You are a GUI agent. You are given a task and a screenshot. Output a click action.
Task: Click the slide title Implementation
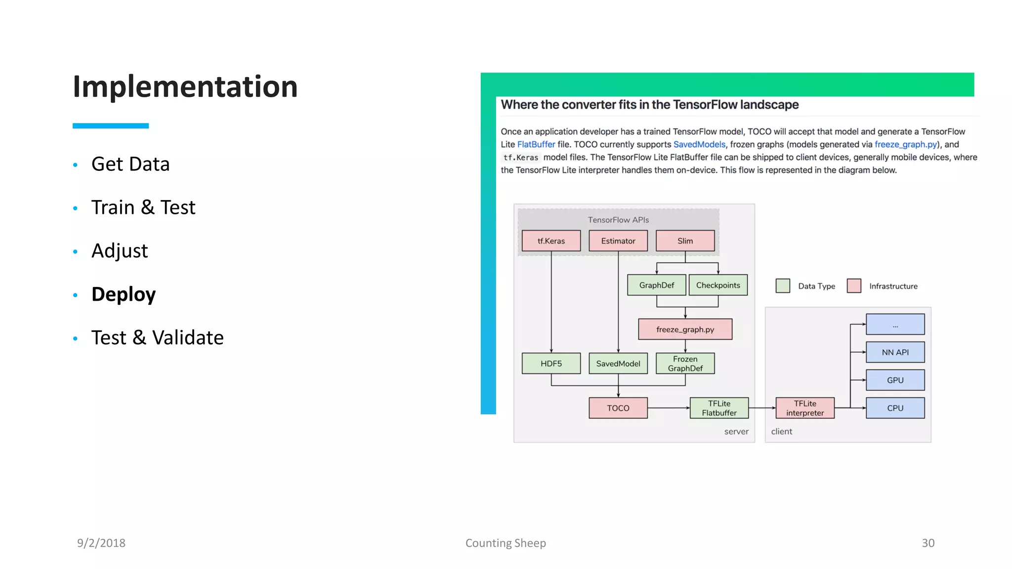pyautogui.click(x=185, y=87)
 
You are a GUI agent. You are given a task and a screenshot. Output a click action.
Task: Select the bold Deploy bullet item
pyautogui.click(x=124, y=294)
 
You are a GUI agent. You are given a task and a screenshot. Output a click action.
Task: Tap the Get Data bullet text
pyautogui.click(x=130, y=164)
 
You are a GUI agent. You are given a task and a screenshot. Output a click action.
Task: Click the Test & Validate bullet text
pyautogui.click(x=157, y=338)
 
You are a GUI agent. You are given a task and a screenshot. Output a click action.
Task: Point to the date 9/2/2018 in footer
pyautogui.click(x=101, y=543)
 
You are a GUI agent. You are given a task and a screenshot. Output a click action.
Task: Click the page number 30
pyautogui.click(x=928, y=543)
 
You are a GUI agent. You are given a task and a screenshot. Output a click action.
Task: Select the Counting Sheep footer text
pyautogui.click(x=506, y=543)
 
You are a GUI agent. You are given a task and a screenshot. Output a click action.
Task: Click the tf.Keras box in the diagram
pyautogui.click(x=551, y=241)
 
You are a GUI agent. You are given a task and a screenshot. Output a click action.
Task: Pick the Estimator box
pyautogui.click(x=618, y=241)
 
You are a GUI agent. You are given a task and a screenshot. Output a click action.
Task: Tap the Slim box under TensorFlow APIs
pyautogui.click(x=685, y=241)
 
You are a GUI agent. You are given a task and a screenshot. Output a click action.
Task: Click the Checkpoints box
pyautogui.click(x=717, y=285)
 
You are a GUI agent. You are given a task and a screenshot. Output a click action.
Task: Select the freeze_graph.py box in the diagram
pyautogui.click(x=685, y=329)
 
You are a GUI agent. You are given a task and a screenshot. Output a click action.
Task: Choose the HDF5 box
pyautogui.click(x=551, y=364)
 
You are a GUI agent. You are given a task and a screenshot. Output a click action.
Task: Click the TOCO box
pyautogui.click(x=618, y=408)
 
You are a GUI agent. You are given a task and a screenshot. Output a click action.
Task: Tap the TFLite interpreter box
pyautogui.click(x=804, y=408)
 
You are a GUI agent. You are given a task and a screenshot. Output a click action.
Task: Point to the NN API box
pyautogui.click(x=895, y=352)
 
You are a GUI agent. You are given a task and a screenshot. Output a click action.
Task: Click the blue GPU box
pyautogui.click(x=895, y=380)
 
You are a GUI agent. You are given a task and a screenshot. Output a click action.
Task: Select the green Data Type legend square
pyautogui.click(x=782, y=286)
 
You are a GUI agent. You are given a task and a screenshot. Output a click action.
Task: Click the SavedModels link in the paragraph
pyautogui.click(x=699, y=144)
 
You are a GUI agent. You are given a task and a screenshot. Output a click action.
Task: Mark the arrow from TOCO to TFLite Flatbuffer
pyautogui.click(x=669, y=408)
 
